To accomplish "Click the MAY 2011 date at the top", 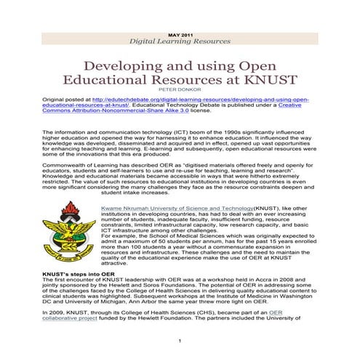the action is [180, 35].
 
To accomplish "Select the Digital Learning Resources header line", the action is [180, 42].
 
